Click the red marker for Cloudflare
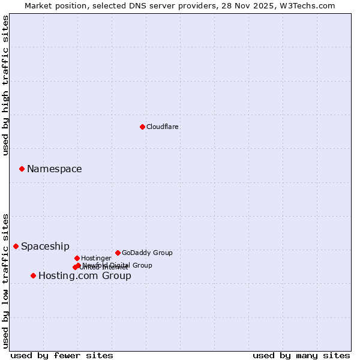tap(142, 127)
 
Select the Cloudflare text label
tap(163, 127)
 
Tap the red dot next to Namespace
tap(22, 169)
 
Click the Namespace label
tap(55, 169)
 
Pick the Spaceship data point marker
tap(16, 246)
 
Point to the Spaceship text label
tap(46, 247)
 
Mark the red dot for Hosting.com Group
tap(33, 275)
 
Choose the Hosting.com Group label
tap(85, 276)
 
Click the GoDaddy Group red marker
tap(118, 253)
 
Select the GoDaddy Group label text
tap(147, 253)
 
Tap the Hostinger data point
tap(77, 258)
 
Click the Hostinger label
tap(97, 258)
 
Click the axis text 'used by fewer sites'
tap(62, 355)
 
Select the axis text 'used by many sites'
tap(301, 355)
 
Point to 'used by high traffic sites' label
tap(5, 85)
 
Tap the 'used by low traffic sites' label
tap(5, 281)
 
